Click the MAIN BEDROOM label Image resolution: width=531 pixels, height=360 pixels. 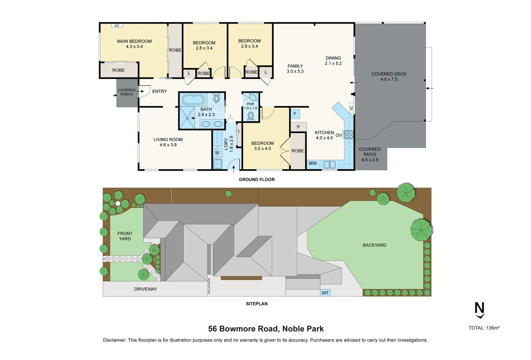(x=134, y=41)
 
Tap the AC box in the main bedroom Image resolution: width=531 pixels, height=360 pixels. (x=117, y=26)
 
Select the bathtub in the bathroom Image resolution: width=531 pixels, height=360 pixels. (x=193, y=99)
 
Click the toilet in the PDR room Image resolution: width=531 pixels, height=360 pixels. (x=251, y=116)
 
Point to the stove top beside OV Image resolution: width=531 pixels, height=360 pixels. (x=349, y=135)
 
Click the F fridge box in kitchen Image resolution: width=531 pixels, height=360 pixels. (x=295, y=114)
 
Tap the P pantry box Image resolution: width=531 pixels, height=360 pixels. (x=298, y=127)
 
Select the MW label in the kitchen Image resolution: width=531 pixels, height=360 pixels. (x=313, y=163)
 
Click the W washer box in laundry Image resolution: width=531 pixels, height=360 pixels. (x=217, y=153)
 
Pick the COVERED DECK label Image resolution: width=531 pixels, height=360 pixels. (x=389, y=74)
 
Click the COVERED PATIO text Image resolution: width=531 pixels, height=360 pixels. (x=370, y=152)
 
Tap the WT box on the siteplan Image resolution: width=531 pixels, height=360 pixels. (x=325, y=293)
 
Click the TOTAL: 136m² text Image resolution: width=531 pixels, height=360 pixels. (x=484, y=328)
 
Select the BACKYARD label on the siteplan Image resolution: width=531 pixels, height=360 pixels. (x=374, y=245)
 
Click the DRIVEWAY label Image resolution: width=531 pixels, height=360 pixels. (x=145, y=289)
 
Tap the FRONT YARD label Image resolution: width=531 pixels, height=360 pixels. (x=125, y=236)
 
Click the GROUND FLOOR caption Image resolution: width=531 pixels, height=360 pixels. (x=257, y=179)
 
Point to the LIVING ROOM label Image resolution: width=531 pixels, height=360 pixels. (x=168, y=140)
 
